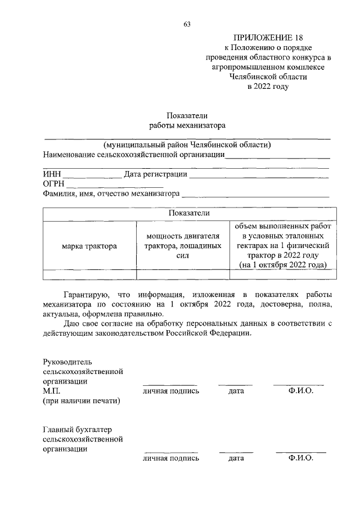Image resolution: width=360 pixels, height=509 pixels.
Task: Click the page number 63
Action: pyautogui.click(x=187, y=24)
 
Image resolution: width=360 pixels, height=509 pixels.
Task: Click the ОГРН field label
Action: pyautogui.click(x=53, y=184)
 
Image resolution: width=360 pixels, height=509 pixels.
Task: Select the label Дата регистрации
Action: pyautogui.click(x=155, y=174)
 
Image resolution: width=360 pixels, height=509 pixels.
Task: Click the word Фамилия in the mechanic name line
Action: pyautogui.click(x=60, y=194)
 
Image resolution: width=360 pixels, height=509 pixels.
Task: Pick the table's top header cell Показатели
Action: pyautogui.click(x=189, y=214)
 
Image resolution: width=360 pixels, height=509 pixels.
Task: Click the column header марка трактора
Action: pyautogui.click(x=89, y=246)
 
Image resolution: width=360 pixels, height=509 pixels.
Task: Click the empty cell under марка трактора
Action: pyautogui.click(x=89, y=274)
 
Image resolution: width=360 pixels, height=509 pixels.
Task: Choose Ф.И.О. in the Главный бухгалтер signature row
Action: pyautogui.click(x=300, y=458)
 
